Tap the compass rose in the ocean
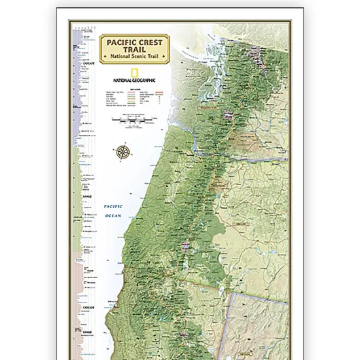click(122, 153)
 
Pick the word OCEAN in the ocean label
click(115, 215)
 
